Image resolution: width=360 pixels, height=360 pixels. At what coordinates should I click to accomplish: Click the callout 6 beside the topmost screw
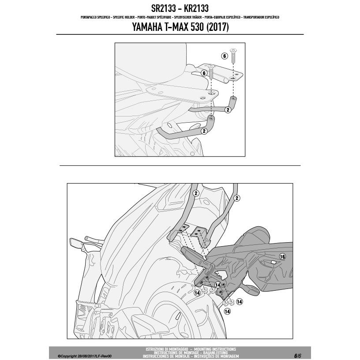click(224, 56)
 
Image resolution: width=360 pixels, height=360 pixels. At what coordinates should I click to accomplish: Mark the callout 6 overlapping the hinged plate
click(203, 73)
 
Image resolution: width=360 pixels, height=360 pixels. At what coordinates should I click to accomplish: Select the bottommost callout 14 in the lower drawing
click(226, 311)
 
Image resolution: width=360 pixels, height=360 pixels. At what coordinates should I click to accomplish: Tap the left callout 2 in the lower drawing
click(196, 193)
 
